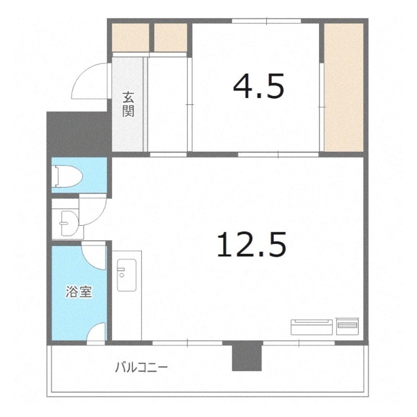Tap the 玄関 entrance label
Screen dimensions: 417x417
tap(128, 104)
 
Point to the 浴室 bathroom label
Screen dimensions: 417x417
tap(79, 291)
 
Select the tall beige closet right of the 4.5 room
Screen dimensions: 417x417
tap(344, 86)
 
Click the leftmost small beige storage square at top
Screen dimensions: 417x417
tap(130, 35)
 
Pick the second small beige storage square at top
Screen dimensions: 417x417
tap(170, 35)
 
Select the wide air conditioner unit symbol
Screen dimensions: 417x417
tap(312, 327)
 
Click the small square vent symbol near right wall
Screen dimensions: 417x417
tap(348, 326)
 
